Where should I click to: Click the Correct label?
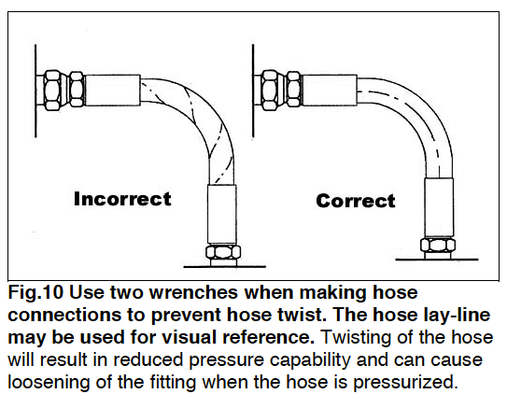355,201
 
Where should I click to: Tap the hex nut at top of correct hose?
273,89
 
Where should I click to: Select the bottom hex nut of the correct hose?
437,246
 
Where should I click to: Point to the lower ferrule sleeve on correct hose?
437,211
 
